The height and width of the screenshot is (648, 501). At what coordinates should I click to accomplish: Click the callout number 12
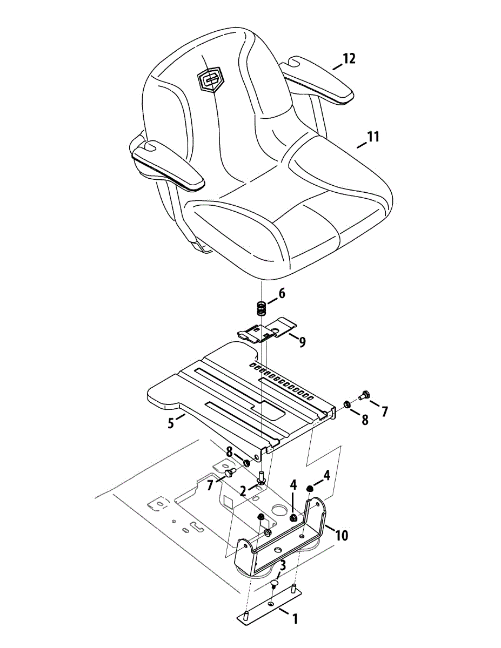[x=349, y=58]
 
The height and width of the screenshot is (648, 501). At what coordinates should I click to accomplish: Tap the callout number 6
[x=282, y=294]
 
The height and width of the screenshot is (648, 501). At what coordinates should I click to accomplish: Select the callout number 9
[x=302, y=342]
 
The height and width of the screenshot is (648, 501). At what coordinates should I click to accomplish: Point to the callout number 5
[x=171, y=423]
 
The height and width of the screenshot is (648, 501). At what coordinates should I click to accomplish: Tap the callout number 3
[x=282, y=566]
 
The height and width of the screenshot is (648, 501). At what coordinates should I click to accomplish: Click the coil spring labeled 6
[x=262, y=310]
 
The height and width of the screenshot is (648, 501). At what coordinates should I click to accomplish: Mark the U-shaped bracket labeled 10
[x=281, y=540]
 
